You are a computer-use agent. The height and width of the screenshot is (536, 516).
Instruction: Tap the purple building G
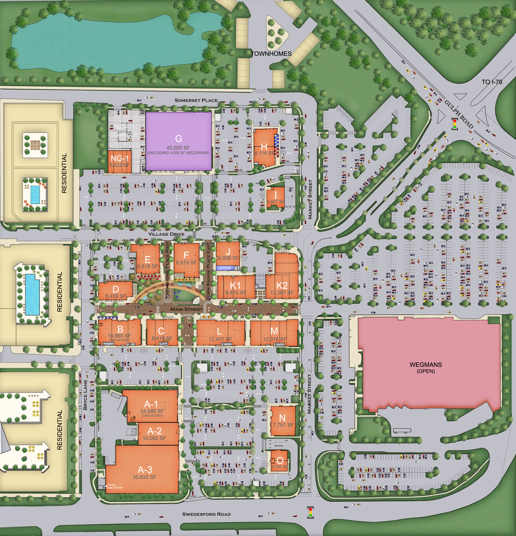point(178,141)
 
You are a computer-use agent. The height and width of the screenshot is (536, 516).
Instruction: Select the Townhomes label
point(271,54)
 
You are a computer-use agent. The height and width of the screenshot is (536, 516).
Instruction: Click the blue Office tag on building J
point(225,268)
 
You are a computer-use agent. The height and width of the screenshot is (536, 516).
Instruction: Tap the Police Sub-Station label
point(115,486)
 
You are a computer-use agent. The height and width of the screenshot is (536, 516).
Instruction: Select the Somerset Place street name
point(196,100)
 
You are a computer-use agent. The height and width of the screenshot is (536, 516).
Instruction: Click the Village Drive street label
point(166,234)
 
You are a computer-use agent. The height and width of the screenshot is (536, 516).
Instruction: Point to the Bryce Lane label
point(85,395)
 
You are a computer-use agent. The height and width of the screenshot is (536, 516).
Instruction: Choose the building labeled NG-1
point(119,161)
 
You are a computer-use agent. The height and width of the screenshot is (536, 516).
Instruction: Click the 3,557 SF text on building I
point(276,202)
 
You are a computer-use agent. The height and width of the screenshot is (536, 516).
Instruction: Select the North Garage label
point(126,131)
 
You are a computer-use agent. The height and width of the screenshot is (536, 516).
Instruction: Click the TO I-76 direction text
point(492,82)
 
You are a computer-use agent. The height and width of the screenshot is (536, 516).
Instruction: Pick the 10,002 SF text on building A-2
point(154,438)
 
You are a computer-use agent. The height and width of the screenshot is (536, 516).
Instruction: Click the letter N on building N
point(282,418)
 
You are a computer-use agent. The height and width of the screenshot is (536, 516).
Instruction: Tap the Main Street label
point(186,309)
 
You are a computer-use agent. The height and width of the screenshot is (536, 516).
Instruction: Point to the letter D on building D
point(116,289)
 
